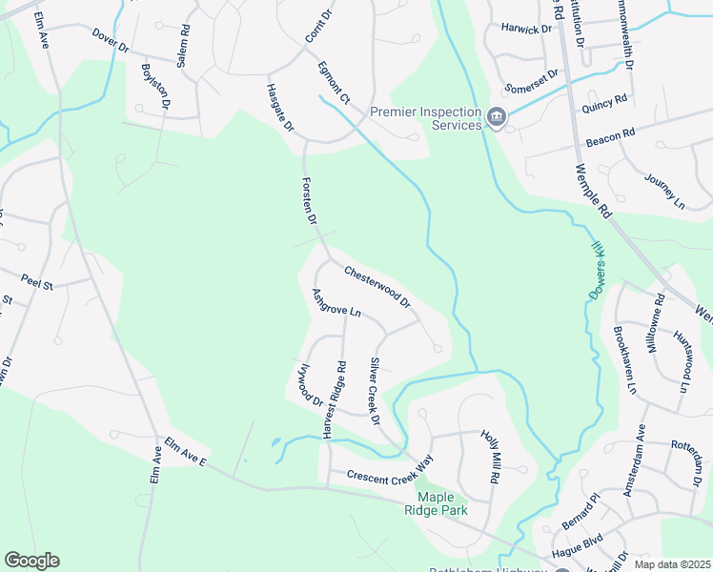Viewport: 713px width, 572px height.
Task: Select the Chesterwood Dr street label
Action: click(377, 287)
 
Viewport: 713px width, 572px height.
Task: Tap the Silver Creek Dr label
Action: click(375, 392)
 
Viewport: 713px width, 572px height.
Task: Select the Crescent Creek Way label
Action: click(389, 476)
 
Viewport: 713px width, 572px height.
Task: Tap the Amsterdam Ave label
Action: click(634, 460)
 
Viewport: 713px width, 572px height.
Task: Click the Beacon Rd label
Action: click(610, 137)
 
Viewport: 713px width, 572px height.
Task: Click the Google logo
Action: click(31, 561)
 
